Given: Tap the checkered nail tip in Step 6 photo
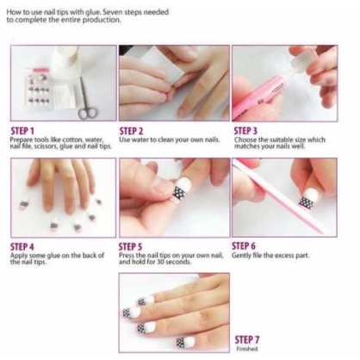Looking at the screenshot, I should point(305,203).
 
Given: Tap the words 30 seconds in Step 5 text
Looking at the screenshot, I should point(167,261).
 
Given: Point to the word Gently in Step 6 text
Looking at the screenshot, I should point(243,256).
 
